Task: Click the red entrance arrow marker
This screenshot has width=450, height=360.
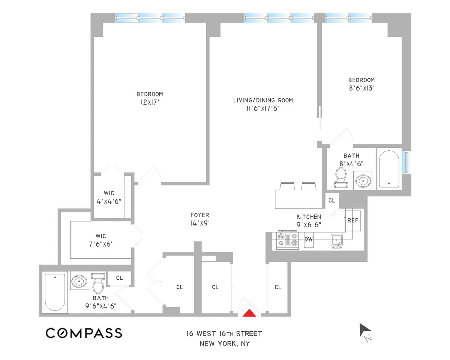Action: pyautogui.click(x=250, y=313)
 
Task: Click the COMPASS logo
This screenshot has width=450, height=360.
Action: pyautogui.click(x=84, y=333)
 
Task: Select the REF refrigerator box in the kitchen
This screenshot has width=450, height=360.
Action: pyautogui.click(x=352, y=220)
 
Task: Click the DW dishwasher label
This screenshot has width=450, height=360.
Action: pyautogui.click(x=308, y=239)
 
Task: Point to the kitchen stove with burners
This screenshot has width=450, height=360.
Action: pyautogui.click(x=287, y=240)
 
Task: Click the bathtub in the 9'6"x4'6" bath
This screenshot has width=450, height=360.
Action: pyautogui.click(x=55, y=291)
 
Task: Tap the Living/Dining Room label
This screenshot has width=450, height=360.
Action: pyautogui.click(x=262, y=100)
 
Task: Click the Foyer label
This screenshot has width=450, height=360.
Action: pyautogui.click(x=199, y=215)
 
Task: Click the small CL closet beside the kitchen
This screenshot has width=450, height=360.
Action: pyautogui.click(x=331, y=201)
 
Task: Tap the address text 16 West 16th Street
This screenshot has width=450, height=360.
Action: pyautogui.click(x=225, y=334)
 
